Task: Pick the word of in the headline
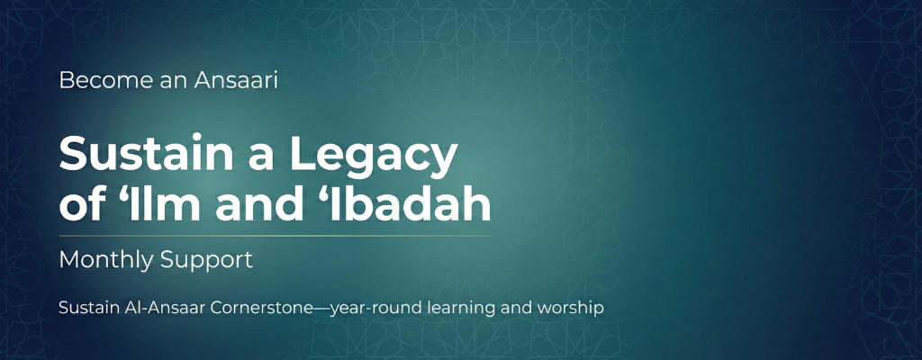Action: tap(79, 206)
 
